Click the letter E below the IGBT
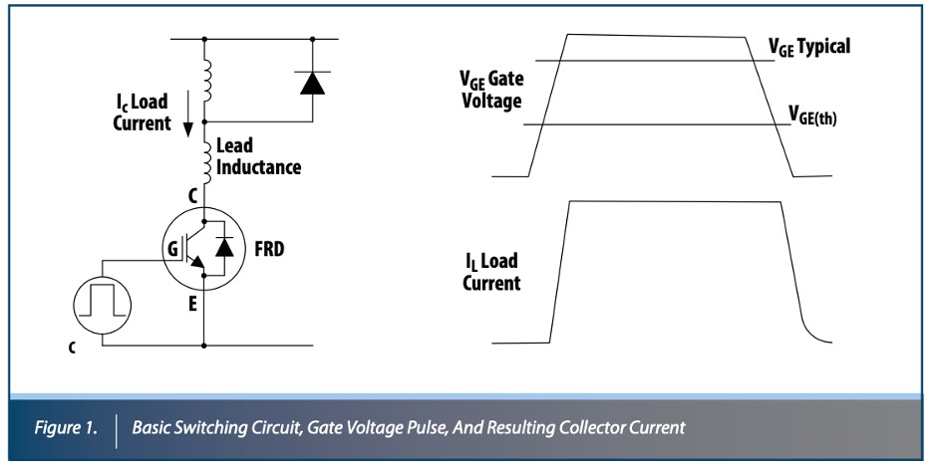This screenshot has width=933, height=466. coord(192,296)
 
